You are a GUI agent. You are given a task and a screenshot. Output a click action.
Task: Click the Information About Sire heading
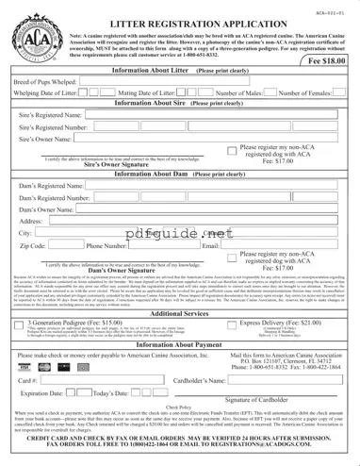point(179,106)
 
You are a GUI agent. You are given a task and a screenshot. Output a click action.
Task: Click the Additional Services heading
point(179,313)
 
